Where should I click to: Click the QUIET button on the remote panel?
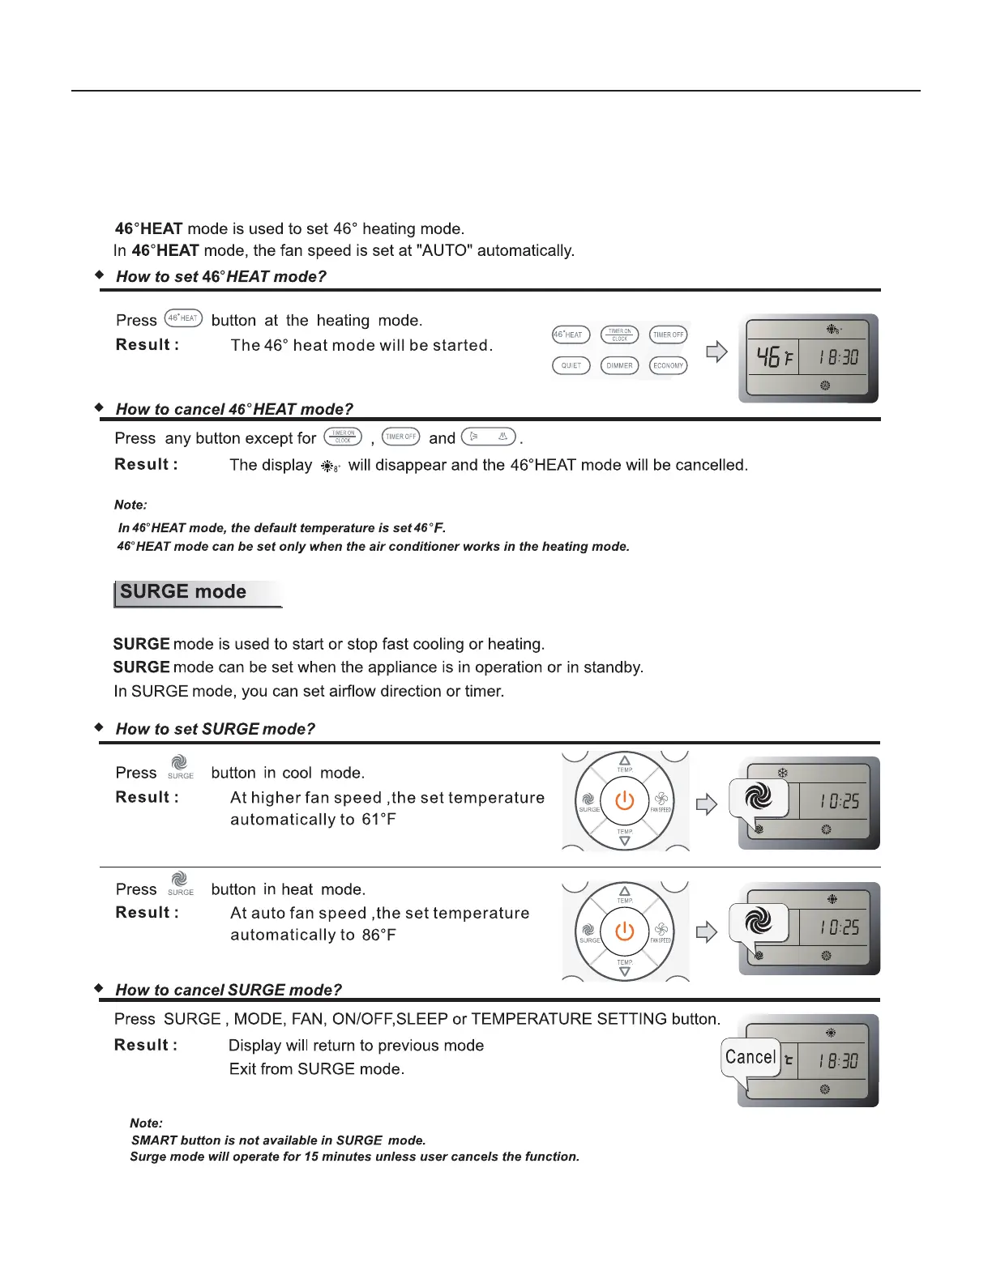[571, 365]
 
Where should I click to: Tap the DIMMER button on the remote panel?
[619, 365]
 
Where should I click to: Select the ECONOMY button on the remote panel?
[668, 365]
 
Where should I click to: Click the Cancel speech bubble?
[750, 1058]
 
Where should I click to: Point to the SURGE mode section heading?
[183, 592]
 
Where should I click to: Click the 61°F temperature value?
[378, 820]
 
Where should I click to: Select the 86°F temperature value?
[378, 936]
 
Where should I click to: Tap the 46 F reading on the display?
[774, 357]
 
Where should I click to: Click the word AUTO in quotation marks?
[443, 251]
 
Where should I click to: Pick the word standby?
[615, 667]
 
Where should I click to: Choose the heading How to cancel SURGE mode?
[229, 990]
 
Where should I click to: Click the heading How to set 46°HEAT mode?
[220, 277]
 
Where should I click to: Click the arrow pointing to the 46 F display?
[716, 352]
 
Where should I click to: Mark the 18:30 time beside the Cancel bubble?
[838, 1061]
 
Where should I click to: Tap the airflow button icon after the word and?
[488, 437]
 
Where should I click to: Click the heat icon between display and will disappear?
[330, 467]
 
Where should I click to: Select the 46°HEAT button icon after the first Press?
[183, 318]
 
